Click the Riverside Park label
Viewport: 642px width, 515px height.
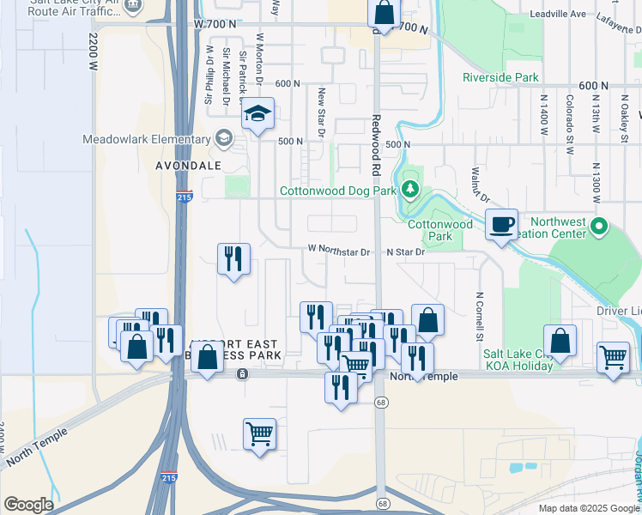(500, 77)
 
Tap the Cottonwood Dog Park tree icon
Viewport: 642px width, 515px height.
(411, 189)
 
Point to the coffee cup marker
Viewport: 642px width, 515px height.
(502, 226)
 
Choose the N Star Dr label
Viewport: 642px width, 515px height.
(405, 251)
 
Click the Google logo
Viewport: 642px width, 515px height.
(28, 505)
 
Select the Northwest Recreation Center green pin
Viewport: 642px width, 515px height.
(599, 227)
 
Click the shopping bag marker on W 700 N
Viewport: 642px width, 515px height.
(384, 14)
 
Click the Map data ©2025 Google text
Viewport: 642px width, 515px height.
(588, 508)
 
